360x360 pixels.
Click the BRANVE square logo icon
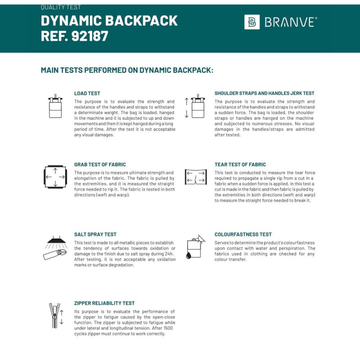tap(252, 22)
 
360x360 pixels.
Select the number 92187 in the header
tap(90, 36)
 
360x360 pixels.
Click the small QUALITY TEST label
tap(61, 8)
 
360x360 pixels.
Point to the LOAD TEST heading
tap(87, 94)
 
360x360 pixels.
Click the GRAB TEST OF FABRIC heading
tap(100, 165)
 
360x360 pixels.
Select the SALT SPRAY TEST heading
tap(95, 234)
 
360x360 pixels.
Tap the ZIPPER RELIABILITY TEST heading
tap(104, 303)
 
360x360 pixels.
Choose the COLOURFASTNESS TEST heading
tap(243, 234)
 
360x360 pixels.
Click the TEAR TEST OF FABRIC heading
tap(240, 165)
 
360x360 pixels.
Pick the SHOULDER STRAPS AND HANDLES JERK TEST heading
tap(265, 94)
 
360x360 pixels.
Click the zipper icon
tap(55, 315)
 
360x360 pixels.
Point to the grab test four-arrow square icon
tap(55, 177)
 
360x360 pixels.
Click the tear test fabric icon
tap(195, 177)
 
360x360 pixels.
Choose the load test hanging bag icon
tap(55, 107)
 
